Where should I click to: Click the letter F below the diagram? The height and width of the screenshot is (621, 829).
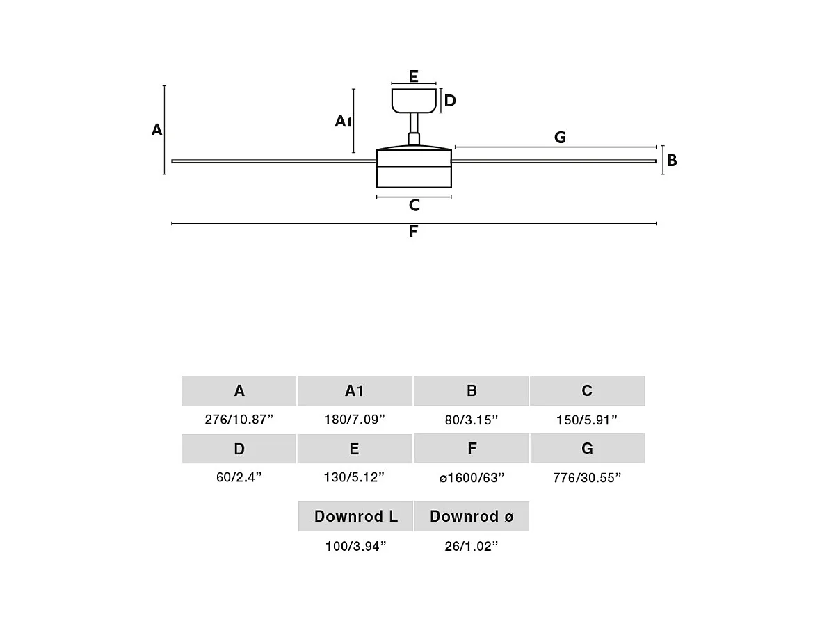(414, 232)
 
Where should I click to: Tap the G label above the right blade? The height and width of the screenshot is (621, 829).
(560, 138)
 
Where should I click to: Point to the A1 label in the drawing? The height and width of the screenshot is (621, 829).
(341, 122)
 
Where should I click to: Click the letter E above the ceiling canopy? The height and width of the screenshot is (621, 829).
(414, 76)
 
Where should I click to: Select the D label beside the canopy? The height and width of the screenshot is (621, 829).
(450, 101)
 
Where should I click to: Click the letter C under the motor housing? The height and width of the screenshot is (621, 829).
(414, 206)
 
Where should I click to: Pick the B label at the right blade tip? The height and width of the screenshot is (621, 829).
(672, 160)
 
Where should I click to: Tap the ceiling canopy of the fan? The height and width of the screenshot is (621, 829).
(414, 100)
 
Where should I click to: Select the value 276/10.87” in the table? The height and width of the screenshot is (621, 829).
(239, 420)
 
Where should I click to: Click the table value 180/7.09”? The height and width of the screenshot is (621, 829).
(355, 420)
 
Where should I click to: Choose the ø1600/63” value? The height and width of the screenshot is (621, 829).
(472, 478)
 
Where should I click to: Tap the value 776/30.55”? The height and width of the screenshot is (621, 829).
(588, 478)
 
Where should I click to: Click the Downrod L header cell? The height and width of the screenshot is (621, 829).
(355, 516)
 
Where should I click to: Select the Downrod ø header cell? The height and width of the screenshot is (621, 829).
(472, 516)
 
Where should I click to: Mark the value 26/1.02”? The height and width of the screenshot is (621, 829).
(472, 547)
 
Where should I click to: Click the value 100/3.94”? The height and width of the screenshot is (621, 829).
(355, 547)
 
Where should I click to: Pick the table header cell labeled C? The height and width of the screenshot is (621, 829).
(587, 390)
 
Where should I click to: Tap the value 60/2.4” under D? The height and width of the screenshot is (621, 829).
(239, 478)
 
